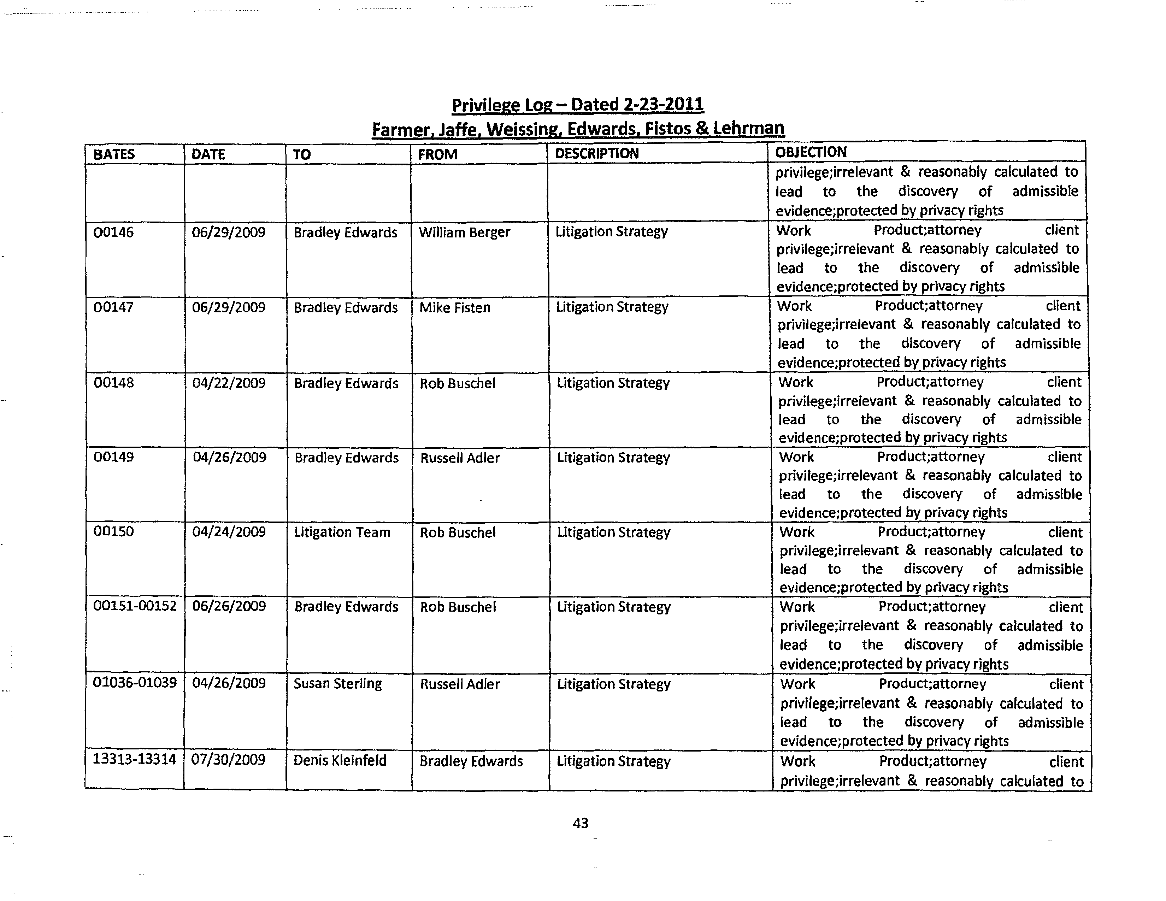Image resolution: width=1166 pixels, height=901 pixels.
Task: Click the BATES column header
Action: point(114,154)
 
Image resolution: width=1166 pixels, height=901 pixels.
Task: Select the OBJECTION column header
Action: point(811,152)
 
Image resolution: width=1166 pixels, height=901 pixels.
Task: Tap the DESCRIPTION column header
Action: point(596,154)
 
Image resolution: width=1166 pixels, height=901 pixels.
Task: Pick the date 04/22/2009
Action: point(229,383)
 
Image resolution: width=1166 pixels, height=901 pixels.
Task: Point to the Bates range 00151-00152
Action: point(135,606)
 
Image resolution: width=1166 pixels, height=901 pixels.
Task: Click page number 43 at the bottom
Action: point(580,823)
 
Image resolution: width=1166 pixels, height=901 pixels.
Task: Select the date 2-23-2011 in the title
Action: point(663,104)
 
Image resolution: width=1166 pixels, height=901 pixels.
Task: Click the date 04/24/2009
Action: point(229,532)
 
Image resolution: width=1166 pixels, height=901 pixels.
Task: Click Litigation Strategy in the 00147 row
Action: point(612,307)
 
